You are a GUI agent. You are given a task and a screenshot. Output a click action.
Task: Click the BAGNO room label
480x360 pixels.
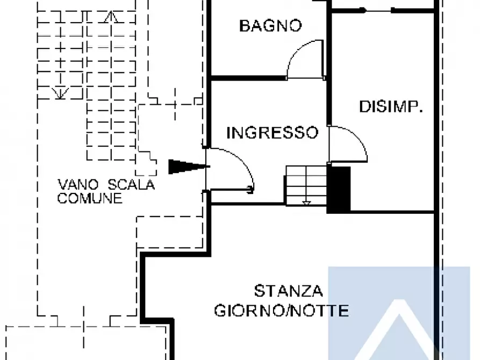[x=270, y=25]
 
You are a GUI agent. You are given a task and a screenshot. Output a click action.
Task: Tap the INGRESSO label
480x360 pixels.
[x=272, y=132]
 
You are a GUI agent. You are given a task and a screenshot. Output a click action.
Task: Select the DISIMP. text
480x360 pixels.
[x=391, y=107]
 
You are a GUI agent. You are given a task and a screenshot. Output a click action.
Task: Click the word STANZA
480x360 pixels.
[x=288, y=291]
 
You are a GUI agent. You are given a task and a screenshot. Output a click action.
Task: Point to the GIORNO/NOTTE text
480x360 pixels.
[x=281, y=311]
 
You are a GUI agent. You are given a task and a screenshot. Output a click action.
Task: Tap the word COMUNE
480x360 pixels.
[x=90, y=198]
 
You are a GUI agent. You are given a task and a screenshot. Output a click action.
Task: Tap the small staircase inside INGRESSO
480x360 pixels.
[x=305, y=185]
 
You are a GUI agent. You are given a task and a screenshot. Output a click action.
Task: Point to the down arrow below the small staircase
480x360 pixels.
[x=306, y=203]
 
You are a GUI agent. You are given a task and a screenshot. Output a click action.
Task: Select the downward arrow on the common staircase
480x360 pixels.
[x=60, y=93]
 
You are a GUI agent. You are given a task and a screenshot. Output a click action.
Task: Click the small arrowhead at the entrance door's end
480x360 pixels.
[x=250, y=188]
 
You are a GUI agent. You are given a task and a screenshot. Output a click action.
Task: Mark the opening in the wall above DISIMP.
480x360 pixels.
[x=378, y=10]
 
